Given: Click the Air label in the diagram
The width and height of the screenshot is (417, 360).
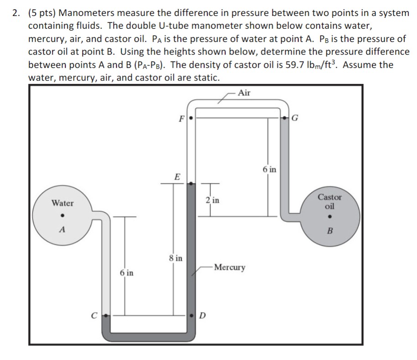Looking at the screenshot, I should click(245, 93).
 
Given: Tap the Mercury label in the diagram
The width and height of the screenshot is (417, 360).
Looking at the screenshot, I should click(229, 267).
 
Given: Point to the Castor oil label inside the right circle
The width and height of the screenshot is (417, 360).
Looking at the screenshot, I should click(329, 201).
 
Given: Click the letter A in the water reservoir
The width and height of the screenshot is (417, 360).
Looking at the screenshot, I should click(63, 230).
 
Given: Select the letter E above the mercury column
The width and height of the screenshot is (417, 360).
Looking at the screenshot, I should click(177, 176).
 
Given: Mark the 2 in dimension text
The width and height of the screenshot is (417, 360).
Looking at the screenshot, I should click(212, 200).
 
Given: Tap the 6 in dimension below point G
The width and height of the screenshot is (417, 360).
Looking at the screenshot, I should click(269, 170).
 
